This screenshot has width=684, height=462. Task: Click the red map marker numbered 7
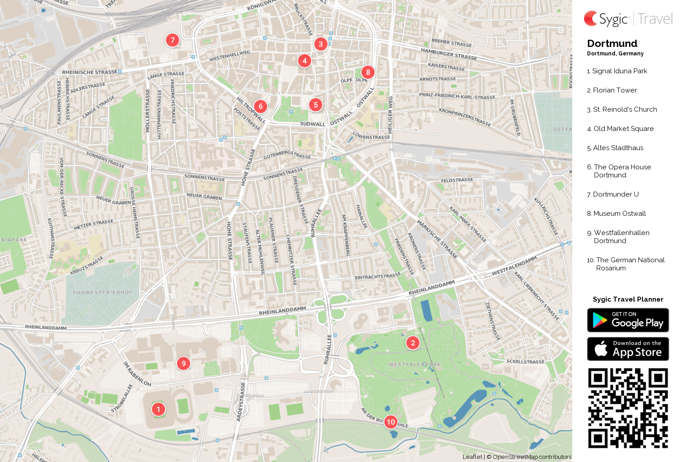point(173,40)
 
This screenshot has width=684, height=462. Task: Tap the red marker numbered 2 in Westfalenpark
point(413,343)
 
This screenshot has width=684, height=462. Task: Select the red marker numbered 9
point(183,363)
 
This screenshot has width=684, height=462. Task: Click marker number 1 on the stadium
point(158,409)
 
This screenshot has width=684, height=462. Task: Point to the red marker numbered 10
point(391,422)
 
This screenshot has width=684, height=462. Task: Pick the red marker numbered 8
point(368,72)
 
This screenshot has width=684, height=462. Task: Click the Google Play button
point(628,320)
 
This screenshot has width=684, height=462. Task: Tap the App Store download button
point(628,349)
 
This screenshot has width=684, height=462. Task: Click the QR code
point(628,408)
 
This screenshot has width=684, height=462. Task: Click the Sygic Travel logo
point(628,19)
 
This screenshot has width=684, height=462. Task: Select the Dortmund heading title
point(612,43)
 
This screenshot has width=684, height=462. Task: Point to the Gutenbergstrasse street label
point(287,155)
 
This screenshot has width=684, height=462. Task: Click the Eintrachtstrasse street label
point(378,277)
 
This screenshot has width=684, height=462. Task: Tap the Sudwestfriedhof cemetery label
point(103,293)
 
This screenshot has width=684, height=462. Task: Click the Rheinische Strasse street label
point(90,72)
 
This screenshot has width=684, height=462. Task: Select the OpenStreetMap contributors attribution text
point(532,457)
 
